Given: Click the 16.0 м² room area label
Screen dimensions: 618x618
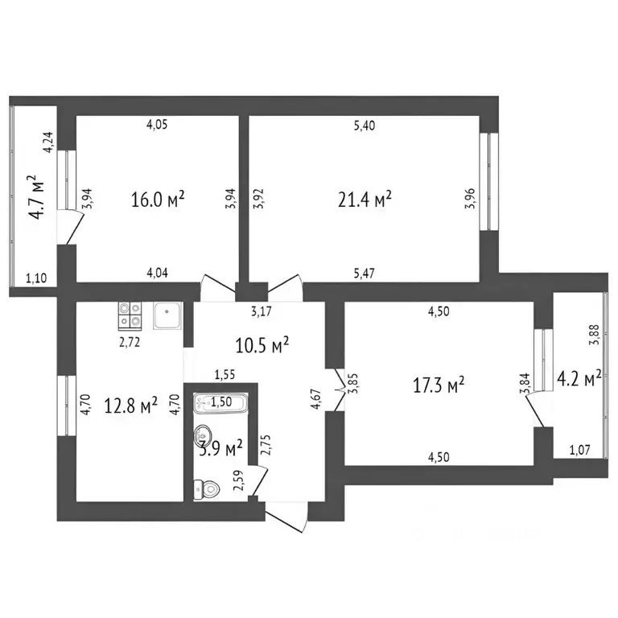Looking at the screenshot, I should point(158,199).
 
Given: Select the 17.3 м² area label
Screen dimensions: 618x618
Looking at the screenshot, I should point(439,387).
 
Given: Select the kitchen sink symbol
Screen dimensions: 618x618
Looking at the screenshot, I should point(167,315).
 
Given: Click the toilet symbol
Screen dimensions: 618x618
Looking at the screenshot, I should point(205,488).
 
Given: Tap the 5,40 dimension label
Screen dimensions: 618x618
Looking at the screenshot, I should point(365,125).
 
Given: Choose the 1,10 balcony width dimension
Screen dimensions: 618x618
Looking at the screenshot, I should point(36,279).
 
